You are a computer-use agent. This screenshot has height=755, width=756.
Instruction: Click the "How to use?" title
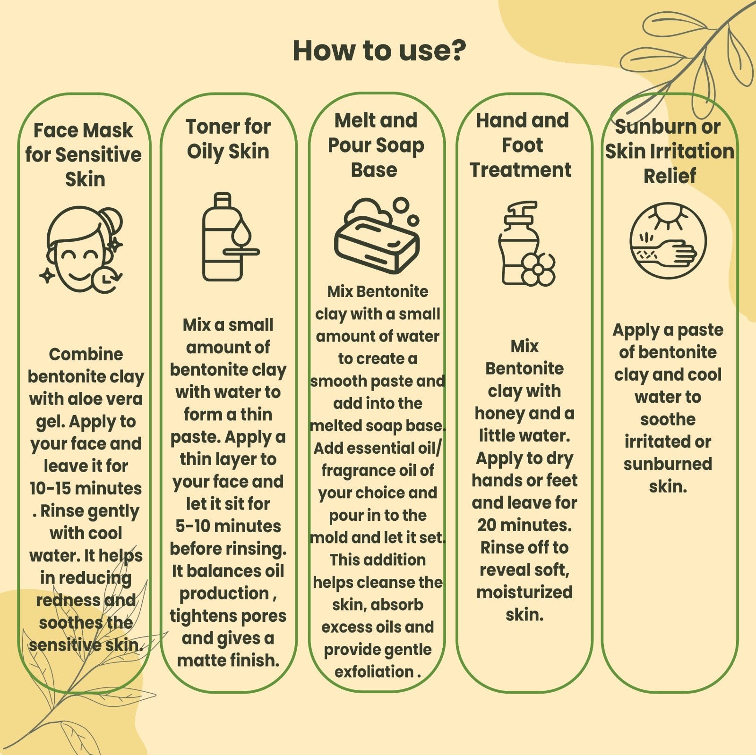[379, 51]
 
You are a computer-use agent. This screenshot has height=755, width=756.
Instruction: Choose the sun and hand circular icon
[668, 240]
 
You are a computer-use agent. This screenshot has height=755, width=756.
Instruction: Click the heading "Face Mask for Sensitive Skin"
[84, 155]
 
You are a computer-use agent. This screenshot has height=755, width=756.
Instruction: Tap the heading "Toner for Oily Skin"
[228, 139]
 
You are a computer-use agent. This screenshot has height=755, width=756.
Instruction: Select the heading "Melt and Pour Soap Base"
[376, 145]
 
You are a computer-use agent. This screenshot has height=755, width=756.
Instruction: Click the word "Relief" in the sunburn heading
[670, 176]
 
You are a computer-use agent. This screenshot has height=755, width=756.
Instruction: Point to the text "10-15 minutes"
[86, 488]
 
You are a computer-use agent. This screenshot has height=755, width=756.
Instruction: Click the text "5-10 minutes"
[228, 526]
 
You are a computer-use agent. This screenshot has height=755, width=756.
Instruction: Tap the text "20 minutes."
[524, 525]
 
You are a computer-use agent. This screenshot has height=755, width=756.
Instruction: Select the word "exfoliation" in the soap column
[374, 671]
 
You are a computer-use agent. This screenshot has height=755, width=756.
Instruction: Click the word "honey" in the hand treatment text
[499, 414]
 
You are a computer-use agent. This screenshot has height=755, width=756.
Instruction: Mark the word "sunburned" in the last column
[668, 464]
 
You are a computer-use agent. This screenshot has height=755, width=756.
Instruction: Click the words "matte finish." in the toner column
[228, 660]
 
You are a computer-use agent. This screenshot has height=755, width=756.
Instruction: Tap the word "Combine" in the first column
[86, 354]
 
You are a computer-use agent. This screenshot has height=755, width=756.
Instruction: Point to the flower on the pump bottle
[538, 269]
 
